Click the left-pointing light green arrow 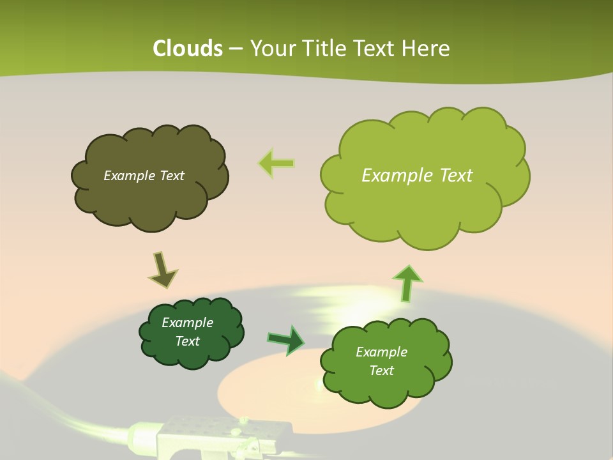[x=276, y=164]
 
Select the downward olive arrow [x=162, y=270]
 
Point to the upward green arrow [x=407, y=283]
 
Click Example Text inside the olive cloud [x=144, y=176]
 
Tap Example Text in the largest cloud [x=417, y=176]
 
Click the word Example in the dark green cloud [x=187, y=323]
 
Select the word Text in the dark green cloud [x=187, y=341]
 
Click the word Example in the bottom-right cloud [x=381, y=352]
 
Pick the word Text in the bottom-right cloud [x=381, y=371]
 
